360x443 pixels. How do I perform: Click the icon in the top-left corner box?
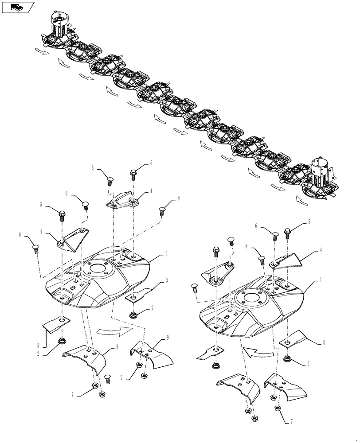coord(18,7)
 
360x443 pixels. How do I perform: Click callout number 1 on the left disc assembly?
coord(167,253)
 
